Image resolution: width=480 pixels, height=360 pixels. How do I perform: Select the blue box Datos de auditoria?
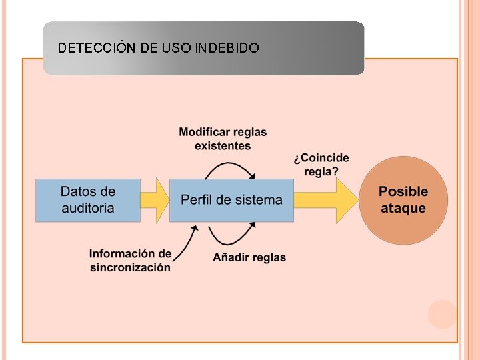(88, 200)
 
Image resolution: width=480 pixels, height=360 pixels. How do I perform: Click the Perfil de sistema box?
(231, 200)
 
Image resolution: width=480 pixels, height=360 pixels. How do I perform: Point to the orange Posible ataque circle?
(403, 200)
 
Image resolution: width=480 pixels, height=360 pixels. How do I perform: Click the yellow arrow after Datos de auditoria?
(155, 200)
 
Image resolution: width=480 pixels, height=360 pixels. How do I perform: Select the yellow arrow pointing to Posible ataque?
(325, 200)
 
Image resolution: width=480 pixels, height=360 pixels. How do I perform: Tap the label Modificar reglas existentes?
(223, 139)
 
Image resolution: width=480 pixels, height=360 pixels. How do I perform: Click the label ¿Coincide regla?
(321, 164)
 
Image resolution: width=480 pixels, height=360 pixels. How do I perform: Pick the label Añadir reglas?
(249, 257)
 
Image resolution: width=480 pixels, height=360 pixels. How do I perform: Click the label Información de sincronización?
(130, 261)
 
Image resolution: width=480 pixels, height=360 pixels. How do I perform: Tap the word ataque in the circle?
(403, 208)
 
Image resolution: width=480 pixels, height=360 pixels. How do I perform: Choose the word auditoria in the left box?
(88, 208)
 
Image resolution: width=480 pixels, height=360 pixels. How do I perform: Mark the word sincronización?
(130, 267)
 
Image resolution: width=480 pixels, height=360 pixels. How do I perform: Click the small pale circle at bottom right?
(442, 314)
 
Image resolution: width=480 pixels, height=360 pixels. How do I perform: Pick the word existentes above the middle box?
(223, 145)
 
